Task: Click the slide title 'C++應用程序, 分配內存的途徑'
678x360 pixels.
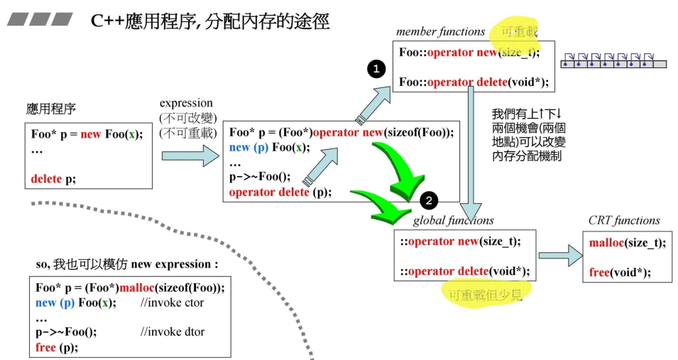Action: [x=210, y=21]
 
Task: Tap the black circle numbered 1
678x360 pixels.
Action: [x=376, y=69]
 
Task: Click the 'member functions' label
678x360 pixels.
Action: [x=440, y=31]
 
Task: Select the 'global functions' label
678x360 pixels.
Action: [x=453, y=220]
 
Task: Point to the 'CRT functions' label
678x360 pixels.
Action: [x=624, y=220]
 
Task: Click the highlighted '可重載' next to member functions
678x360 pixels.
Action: [x=520, y=31]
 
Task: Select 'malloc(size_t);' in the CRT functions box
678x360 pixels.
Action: [x=628, y=242]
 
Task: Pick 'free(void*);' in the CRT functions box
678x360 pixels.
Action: [x=620, y=271]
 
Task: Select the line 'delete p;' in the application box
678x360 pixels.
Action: [x=53, y=179]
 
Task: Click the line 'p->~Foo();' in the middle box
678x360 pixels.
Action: [x=259, y=178]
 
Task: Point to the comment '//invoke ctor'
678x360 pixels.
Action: [x=172, y=302]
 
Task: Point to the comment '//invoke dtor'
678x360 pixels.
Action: [x=172, y=332]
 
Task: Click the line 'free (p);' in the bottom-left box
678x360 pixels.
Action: [x=57, y=347]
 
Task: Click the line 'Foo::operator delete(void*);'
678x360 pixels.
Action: [x=474, y=82]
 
